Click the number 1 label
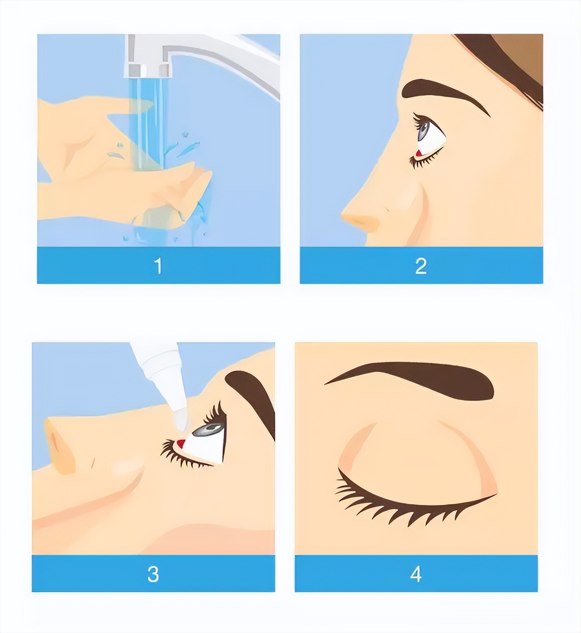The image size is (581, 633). tap(158, 266)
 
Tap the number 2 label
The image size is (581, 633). tap(421, 266)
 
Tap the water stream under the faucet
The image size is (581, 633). tap(148, 126)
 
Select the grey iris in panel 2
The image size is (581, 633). tap(424, 130)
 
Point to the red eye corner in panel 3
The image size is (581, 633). tap(180, 443)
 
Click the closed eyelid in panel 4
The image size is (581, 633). tap(417, 458)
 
